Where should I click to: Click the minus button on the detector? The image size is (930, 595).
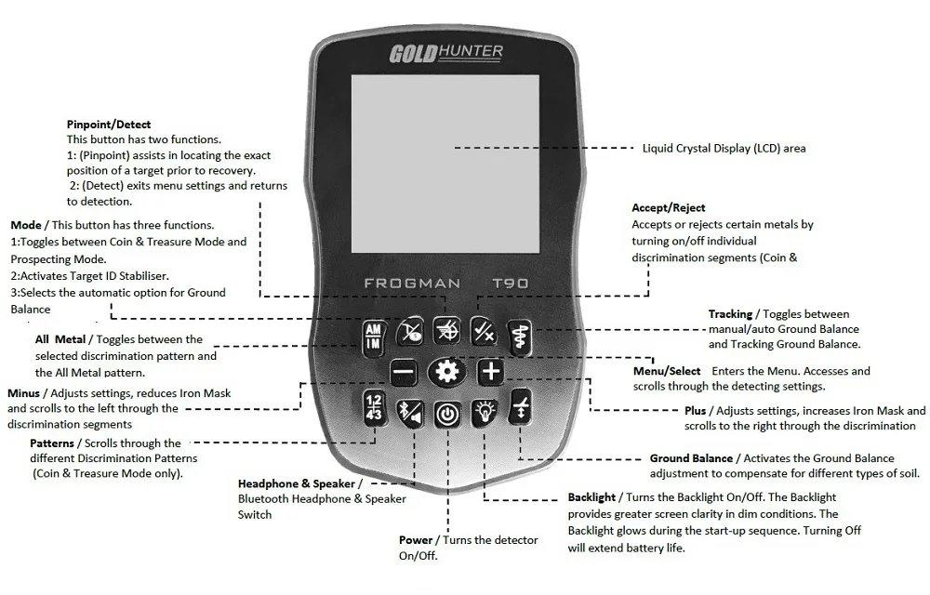pyautogui.click(x=404, y=373)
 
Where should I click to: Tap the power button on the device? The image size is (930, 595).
pyautogui.click(x=447, y=414)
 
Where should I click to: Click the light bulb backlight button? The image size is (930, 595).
pyautogui.click(x=484, y=411)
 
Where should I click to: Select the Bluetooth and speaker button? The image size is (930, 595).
pyautogui.click(x=409, y=411)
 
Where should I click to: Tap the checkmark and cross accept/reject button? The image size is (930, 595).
pyautogui.click(x=483, y=330)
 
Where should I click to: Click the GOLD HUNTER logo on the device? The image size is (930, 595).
pyautogui.click(x=446, y=53)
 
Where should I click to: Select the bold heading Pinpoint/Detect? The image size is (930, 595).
pyautogui.click(x=109, y=125)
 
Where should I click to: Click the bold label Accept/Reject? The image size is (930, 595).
pyautogui.click(x=668, y=208)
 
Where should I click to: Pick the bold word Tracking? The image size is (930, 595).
pyautogui.click(x=730, y=314)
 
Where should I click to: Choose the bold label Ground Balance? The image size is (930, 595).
pyautogui.click(x=691, y=458)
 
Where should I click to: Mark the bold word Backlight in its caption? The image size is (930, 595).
pyautogui.click(x=591, y=497)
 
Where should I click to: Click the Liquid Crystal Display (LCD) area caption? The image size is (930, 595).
pyautogui.click(x=724, y=148)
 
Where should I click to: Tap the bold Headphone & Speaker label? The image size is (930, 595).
pyautogui.click(x=297, y=483)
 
